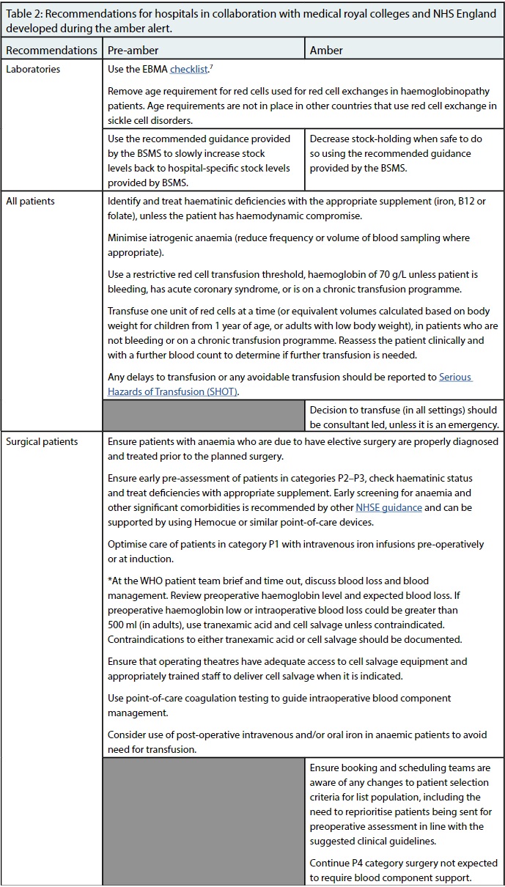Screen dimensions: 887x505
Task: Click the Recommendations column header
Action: click(51, 51)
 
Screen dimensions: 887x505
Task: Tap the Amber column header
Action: click(326, 51)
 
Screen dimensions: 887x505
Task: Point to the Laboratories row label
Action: click(33, 70)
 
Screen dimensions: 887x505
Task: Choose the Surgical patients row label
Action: click(42, 442)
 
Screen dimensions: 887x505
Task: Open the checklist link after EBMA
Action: click(189, 70)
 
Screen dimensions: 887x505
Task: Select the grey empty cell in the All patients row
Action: click(204, 416)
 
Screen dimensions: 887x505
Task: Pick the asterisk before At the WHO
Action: click(109, 581)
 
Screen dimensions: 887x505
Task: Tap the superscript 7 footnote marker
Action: click(213, 67)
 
